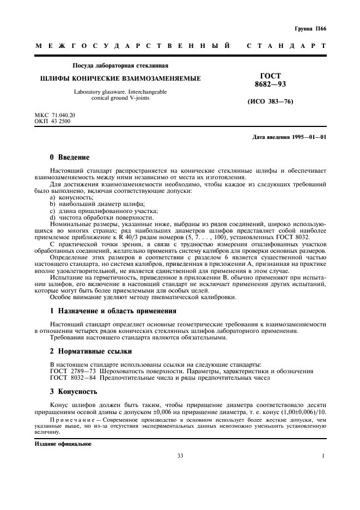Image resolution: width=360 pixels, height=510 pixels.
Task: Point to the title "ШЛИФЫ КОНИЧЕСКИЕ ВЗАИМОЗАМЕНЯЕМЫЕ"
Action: pyautogui.click(x=120, y=78)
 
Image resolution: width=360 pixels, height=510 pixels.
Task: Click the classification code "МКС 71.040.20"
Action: pyautogui.click(x=55, y=116)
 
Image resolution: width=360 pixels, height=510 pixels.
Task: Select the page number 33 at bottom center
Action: pyautogui.click(x=180, y=456)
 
